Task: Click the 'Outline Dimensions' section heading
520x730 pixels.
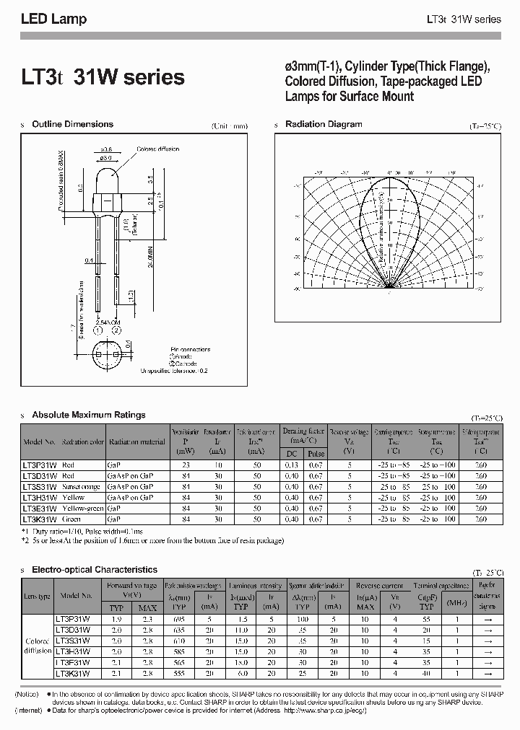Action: tap(72, 125)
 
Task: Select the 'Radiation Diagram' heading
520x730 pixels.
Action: tap(324, 124)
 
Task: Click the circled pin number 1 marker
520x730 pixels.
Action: tap(97, 330)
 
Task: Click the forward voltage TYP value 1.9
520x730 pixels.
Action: tap(116, 619)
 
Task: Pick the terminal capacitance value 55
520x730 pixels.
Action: tap(427, 619)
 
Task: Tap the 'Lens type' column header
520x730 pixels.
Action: tap(38, 596)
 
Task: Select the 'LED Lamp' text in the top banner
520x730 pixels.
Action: tap(53, 19)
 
